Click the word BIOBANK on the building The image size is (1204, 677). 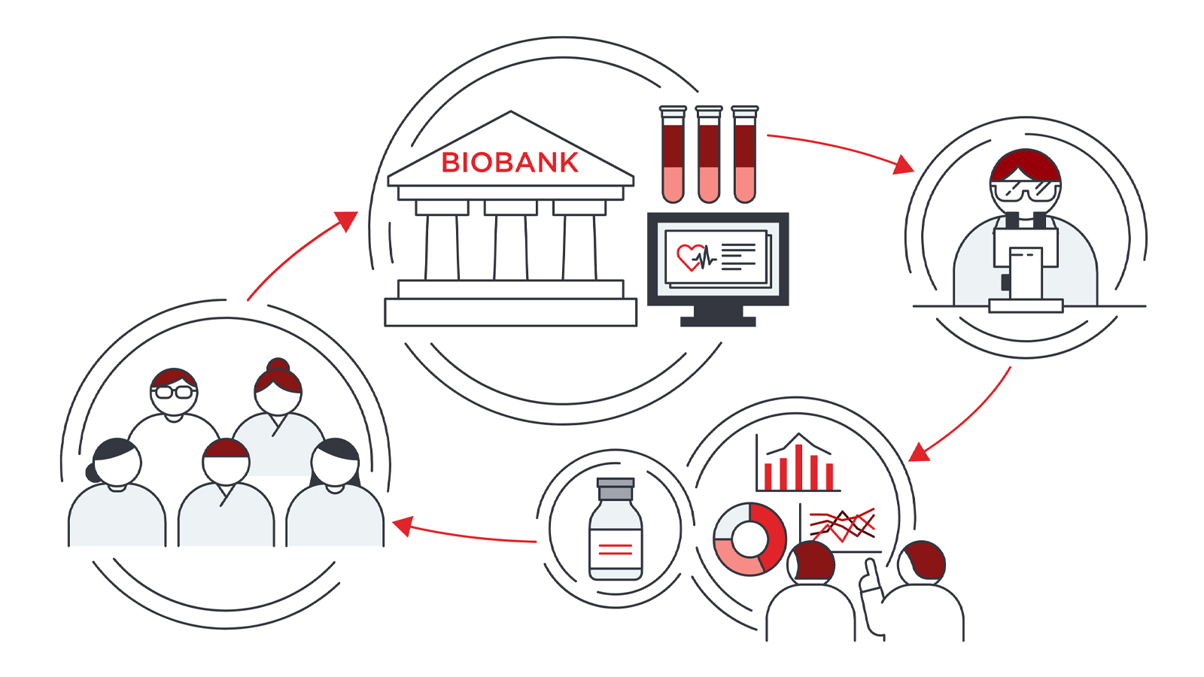pyautogui.click(x=509, y=162)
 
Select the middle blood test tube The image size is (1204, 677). pyautogui.click(x=708, y=155)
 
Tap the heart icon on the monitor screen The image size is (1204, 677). pyautogui.click(x=689, y=257)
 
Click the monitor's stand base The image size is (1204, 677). pyautogui.click(x=718, y=321)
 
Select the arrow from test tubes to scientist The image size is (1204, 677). pyautogui.click(x=840, y=151)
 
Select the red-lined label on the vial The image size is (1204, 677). pyautogui.click(x=616, y=548)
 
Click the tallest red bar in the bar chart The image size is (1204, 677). pyautogui.click(x=798, y=467)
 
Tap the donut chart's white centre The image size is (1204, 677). pyautogui.click(x=749, y=539)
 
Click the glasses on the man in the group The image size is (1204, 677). pyautogui.click(x=174, y=392)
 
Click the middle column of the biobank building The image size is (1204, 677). pyautogui.click(x=511, y=247)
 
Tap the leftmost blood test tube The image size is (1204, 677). pyautogui.click(x=673, y=155)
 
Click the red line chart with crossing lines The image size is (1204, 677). pyautogui.click(x=842, y=525)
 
